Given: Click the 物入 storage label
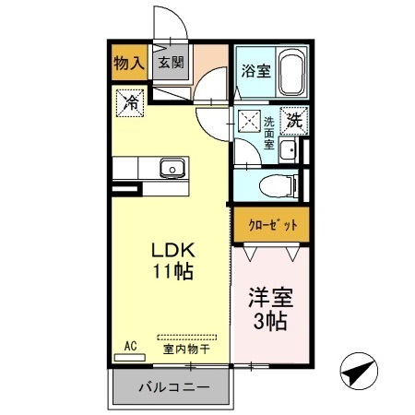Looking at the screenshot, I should coord(129,64).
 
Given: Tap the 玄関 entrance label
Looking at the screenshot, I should coord(170,64).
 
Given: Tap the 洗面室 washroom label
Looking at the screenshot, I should coord(268,133).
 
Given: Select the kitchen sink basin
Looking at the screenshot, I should coord(171,168).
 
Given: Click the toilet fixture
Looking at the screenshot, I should coord(279,184).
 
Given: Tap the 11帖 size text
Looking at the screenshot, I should coord(171,273).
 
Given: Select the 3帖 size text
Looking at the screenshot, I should coord(268,322).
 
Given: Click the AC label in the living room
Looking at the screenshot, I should coord(130,346).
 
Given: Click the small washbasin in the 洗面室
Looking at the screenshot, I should coord(287,153).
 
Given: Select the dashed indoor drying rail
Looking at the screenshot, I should coord(187,336).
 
